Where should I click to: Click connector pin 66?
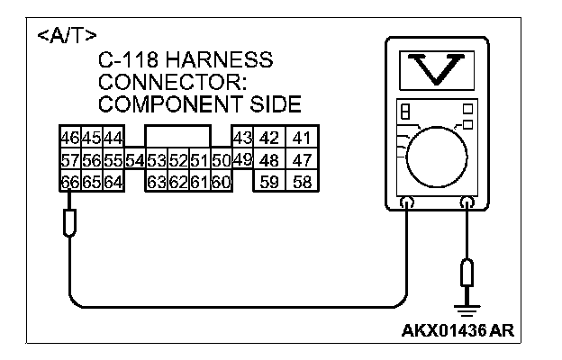[68, 180]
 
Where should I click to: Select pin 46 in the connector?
[68, 139]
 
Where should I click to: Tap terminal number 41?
[302, 139]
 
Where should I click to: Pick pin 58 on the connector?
[302, 180]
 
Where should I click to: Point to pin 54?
[135, 159]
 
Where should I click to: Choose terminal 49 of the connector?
[240, 159]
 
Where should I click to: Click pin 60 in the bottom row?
[222, 180]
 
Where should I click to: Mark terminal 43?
[240, 139]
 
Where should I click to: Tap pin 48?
[268, 159]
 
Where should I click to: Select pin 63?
[157, 180]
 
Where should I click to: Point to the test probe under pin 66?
[69, 220]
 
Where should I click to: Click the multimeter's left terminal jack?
[408, 204]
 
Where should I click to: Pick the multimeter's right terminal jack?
[467, 204]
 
